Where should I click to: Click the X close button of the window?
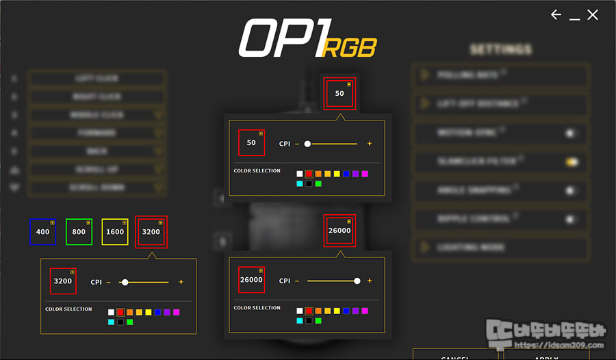593,15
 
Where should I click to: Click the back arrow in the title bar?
556,15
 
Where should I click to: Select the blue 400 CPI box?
43,232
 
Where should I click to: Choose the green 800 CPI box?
79,232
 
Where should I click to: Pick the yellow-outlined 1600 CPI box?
115,232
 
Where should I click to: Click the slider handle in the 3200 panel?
125,282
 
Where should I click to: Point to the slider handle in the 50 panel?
307,144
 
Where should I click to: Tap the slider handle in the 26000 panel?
357,281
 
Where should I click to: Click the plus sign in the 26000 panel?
370,281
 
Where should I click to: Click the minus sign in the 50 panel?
297,144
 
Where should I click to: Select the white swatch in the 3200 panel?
111,312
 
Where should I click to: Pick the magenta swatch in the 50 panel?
365,174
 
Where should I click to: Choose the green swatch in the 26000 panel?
318,320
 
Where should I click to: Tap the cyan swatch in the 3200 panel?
111,322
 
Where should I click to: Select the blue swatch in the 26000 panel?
346,311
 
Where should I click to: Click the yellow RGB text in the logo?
349,48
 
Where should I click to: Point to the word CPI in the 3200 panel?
97,282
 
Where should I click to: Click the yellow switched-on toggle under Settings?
572,162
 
